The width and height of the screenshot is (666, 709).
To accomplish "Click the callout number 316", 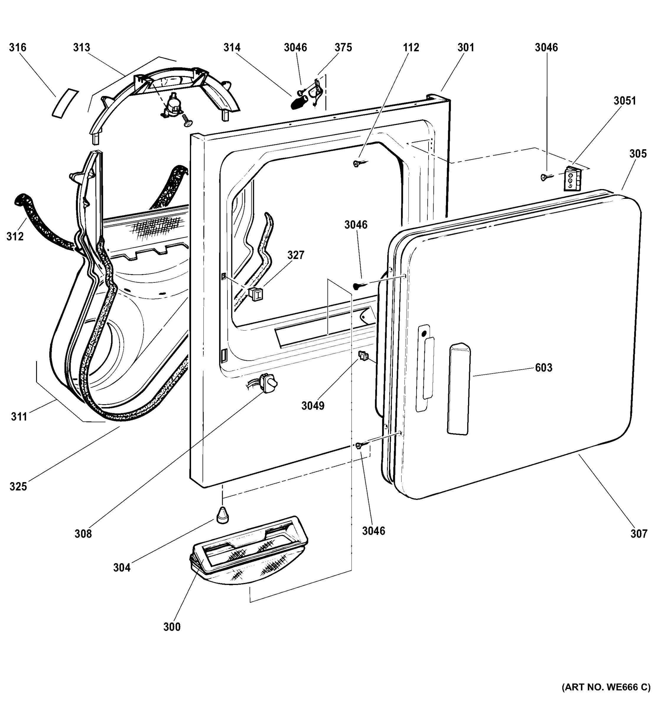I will [17, 48].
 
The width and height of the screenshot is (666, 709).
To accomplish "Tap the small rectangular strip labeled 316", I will [65, 103].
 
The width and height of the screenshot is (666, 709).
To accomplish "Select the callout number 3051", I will [625, 101].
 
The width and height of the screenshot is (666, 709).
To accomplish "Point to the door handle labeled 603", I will [458, 389].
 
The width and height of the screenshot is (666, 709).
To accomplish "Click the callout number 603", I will [543, 368].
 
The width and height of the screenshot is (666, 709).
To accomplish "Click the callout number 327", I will [296, 255].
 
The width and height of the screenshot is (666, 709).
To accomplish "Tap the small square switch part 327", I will [255, 294].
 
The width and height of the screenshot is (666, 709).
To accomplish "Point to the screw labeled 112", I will [358, 164].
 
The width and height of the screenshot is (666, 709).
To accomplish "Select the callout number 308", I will [83, 534].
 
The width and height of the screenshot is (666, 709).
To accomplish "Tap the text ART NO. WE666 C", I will [606, 687].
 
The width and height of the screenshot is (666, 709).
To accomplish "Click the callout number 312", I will [15, 236].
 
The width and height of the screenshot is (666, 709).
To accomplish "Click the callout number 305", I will [638, 154].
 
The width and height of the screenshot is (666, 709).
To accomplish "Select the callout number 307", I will [639, 534].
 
